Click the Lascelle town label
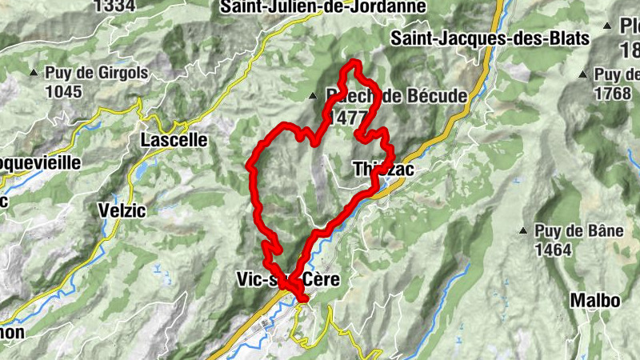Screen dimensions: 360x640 pos(174,140)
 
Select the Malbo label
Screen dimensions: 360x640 pos(594,301)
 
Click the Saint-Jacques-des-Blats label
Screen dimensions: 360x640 pos(490,38)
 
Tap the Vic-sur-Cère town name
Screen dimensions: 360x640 pos(289,279)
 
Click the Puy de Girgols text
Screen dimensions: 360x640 pos(97,74)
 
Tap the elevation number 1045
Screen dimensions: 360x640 pos(64,91)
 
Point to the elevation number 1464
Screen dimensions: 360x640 pos(554,250)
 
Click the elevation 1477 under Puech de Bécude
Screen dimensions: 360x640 pos(347,114)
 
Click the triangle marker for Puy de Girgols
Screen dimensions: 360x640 pos(34,74)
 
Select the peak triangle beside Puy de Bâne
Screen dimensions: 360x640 pos(523,232)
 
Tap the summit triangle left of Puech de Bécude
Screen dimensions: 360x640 pos(313,97)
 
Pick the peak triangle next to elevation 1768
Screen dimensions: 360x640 pos(582,74)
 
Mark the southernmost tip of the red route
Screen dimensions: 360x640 pos(302,299)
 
